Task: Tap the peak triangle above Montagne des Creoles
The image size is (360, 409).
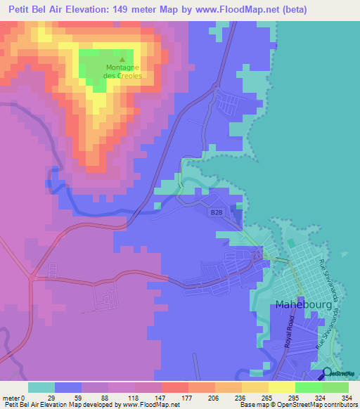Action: click(123, 59)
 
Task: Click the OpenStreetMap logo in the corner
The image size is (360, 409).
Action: click(340, 374)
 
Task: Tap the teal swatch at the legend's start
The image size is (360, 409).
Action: click(41, 387)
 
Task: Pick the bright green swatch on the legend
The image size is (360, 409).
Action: click(308, 387)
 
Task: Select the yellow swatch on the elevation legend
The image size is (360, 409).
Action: click(281, 387)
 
